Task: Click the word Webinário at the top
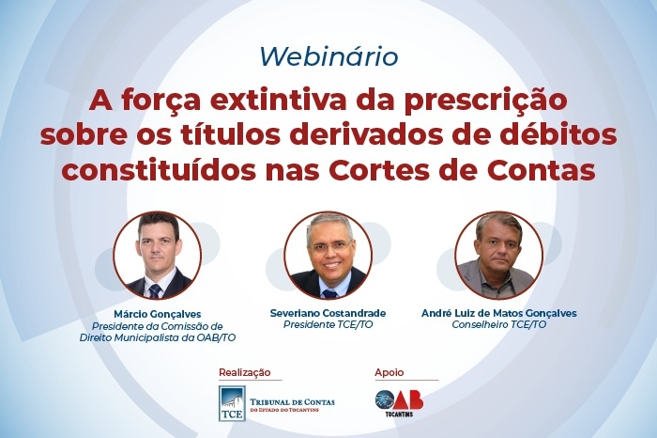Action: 328,56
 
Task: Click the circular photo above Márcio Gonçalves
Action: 157,256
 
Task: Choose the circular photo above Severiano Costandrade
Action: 328,256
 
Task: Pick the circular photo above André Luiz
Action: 499,256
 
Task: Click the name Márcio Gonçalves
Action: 157,314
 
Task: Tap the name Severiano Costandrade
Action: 328,313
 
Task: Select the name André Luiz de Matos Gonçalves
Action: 499,313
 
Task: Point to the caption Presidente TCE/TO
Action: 328,324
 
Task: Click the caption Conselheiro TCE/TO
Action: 499,324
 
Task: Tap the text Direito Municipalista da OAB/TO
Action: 158,337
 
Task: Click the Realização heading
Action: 245,372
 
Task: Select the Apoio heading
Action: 390,372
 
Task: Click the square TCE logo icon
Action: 232,403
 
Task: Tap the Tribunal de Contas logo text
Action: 292,405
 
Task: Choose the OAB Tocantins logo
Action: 399,403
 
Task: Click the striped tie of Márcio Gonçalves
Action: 155,290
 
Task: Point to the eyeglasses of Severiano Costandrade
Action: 329,246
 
